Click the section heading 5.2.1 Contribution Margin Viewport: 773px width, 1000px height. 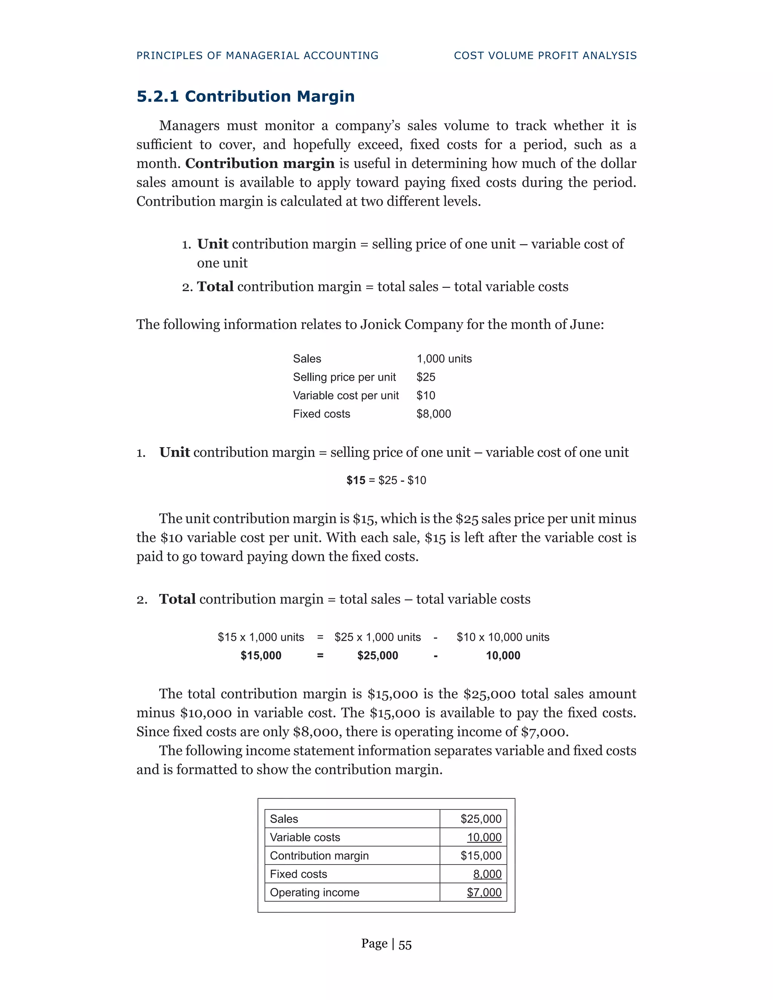245,97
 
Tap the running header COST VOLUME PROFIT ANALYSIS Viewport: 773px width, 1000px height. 545,56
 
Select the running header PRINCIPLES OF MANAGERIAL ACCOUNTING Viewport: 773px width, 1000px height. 257,56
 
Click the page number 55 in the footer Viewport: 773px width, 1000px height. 405,945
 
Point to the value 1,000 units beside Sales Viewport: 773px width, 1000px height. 444,359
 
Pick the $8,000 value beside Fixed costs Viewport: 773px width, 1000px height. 433,414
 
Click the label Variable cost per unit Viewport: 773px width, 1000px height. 346,395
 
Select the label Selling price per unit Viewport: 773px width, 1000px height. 344,377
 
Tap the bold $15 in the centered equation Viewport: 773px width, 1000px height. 356,480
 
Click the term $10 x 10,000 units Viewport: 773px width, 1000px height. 502,637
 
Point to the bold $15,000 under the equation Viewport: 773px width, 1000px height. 261,656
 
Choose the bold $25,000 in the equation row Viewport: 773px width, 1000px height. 377,656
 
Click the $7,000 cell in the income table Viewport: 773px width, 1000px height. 484,892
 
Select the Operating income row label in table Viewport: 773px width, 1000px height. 315,892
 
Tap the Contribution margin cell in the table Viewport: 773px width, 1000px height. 319,856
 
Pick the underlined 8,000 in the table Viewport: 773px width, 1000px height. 487,874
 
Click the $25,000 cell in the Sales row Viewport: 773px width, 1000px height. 481,819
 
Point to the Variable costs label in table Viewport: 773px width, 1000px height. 305,837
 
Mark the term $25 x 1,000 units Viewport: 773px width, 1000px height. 377,637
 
